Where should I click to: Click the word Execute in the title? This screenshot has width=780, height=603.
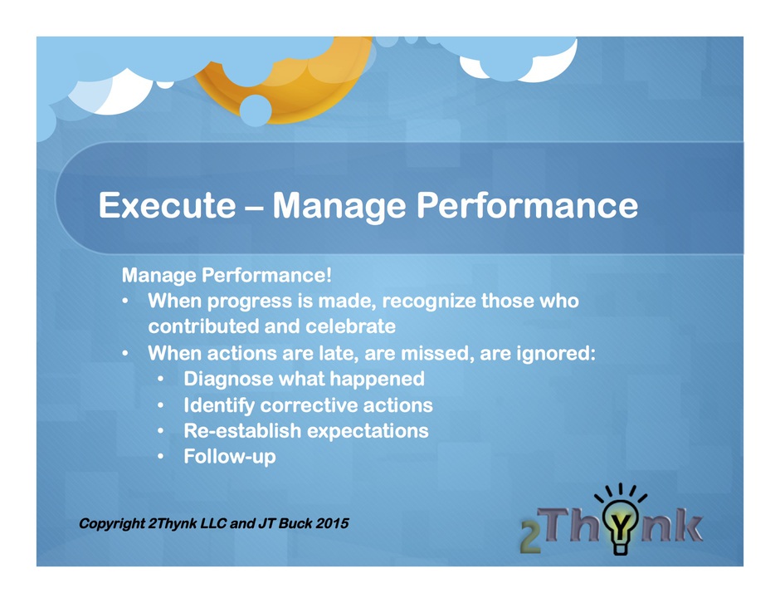[167, 205]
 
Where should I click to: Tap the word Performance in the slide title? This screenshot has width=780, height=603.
[527, 205]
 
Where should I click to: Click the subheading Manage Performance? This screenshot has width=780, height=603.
[227, 275]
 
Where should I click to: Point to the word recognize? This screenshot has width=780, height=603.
[429, 301]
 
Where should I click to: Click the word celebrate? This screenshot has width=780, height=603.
[350, 326]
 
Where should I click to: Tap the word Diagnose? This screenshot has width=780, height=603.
[228, 379]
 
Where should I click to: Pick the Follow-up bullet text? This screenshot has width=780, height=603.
[230, 457]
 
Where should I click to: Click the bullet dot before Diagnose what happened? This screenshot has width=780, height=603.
[160, 379]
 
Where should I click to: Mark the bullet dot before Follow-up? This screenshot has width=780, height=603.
[160, 457]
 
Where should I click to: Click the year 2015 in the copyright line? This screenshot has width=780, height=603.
[332, 523]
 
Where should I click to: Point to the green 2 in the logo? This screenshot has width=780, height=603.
[530, 537]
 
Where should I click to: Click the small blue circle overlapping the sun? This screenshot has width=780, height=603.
[256, 110]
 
